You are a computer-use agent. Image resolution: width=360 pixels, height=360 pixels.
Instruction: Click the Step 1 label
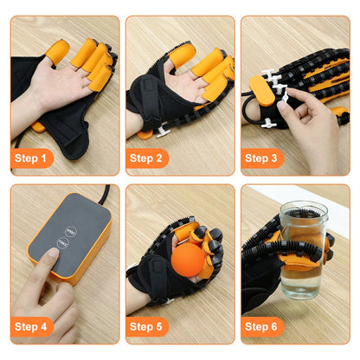click(x=31, y=158)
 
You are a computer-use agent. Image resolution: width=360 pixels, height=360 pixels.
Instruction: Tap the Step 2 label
click(x=146, y=158)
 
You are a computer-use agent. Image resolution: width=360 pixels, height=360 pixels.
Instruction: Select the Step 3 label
click(x=261, y=158)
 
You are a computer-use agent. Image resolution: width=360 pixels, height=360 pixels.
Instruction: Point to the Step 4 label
click(x=31, y=326)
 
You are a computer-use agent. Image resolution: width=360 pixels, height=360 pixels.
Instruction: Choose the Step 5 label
click(x=146, y=326)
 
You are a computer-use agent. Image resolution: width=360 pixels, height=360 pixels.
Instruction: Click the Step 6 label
click(x=261, y=326)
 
